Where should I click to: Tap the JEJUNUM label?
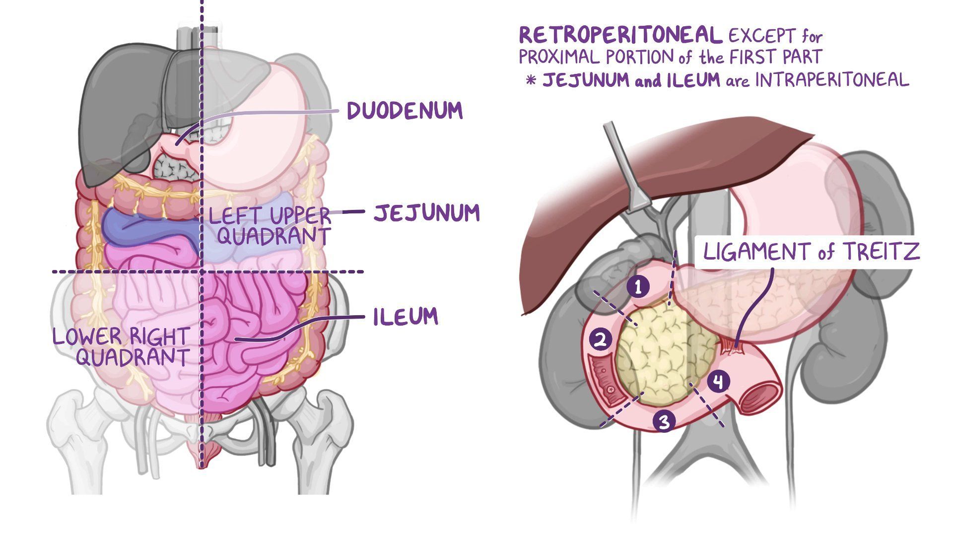426,213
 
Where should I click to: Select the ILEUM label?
406,317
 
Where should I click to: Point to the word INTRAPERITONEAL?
832,79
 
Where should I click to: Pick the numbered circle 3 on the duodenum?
665,421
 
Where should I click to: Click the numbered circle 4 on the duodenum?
718,382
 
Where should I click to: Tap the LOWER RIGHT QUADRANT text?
121,346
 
